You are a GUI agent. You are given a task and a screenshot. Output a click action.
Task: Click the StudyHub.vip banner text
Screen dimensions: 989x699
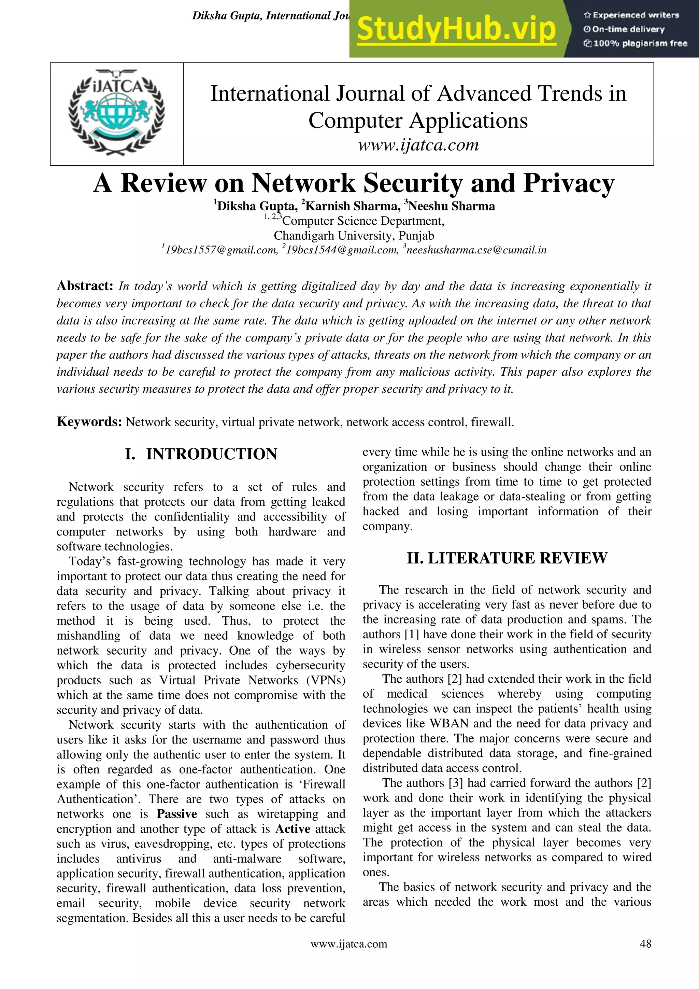point(456,29)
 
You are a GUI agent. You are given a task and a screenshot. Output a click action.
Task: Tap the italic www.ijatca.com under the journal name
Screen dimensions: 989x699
point(418,145)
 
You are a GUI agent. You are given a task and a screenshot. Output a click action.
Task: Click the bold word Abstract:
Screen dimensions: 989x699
point(85,286)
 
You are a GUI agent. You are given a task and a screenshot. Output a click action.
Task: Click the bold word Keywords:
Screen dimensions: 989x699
point(89,422)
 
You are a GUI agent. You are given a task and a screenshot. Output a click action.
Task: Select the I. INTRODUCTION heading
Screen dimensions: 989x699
point(201,454)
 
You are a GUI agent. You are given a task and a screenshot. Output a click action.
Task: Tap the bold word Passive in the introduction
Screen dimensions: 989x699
point(177,814)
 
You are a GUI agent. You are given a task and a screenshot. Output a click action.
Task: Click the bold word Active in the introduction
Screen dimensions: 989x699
point(293,829)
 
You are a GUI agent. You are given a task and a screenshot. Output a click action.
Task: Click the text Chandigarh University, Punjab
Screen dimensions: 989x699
point(354,236)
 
